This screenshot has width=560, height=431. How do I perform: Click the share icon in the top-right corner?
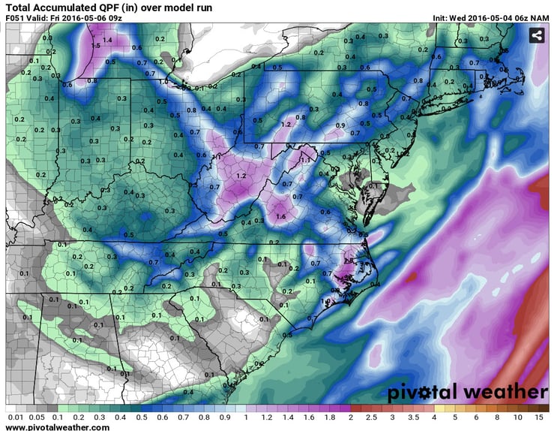[x=537, y=35]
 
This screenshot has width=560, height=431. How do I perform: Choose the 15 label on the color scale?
[x=539, y=417]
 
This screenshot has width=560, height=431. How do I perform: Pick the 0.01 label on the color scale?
[x=13, y=417]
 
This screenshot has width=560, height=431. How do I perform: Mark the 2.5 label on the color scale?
[x=373, y=417]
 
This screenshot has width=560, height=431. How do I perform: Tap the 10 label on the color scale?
[x=518, y=417]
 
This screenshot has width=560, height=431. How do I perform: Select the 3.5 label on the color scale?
[x=414, y=417]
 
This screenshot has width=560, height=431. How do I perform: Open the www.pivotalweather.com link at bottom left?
[x=57, y=427]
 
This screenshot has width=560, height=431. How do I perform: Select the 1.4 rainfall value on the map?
[x=107, y=40]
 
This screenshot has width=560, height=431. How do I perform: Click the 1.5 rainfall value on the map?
[x=96, y=46]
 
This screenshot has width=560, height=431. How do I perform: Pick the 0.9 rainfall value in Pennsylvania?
[x=340, y=125]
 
